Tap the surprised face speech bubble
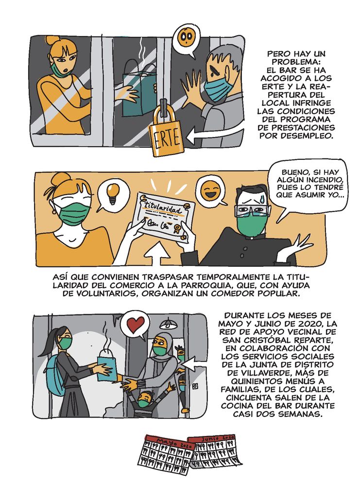(x=186, y=39)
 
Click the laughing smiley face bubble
(x=209, y=191)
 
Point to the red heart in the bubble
(x=136, y=324)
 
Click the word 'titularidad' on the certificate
(x=162, y=208)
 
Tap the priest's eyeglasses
(x=252, y=211)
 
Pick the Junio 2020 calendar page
(x=215, y=450)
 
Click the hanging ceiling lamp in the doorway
(x=169, y=324)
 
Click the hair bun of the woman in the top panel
(x=52, y=41)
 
